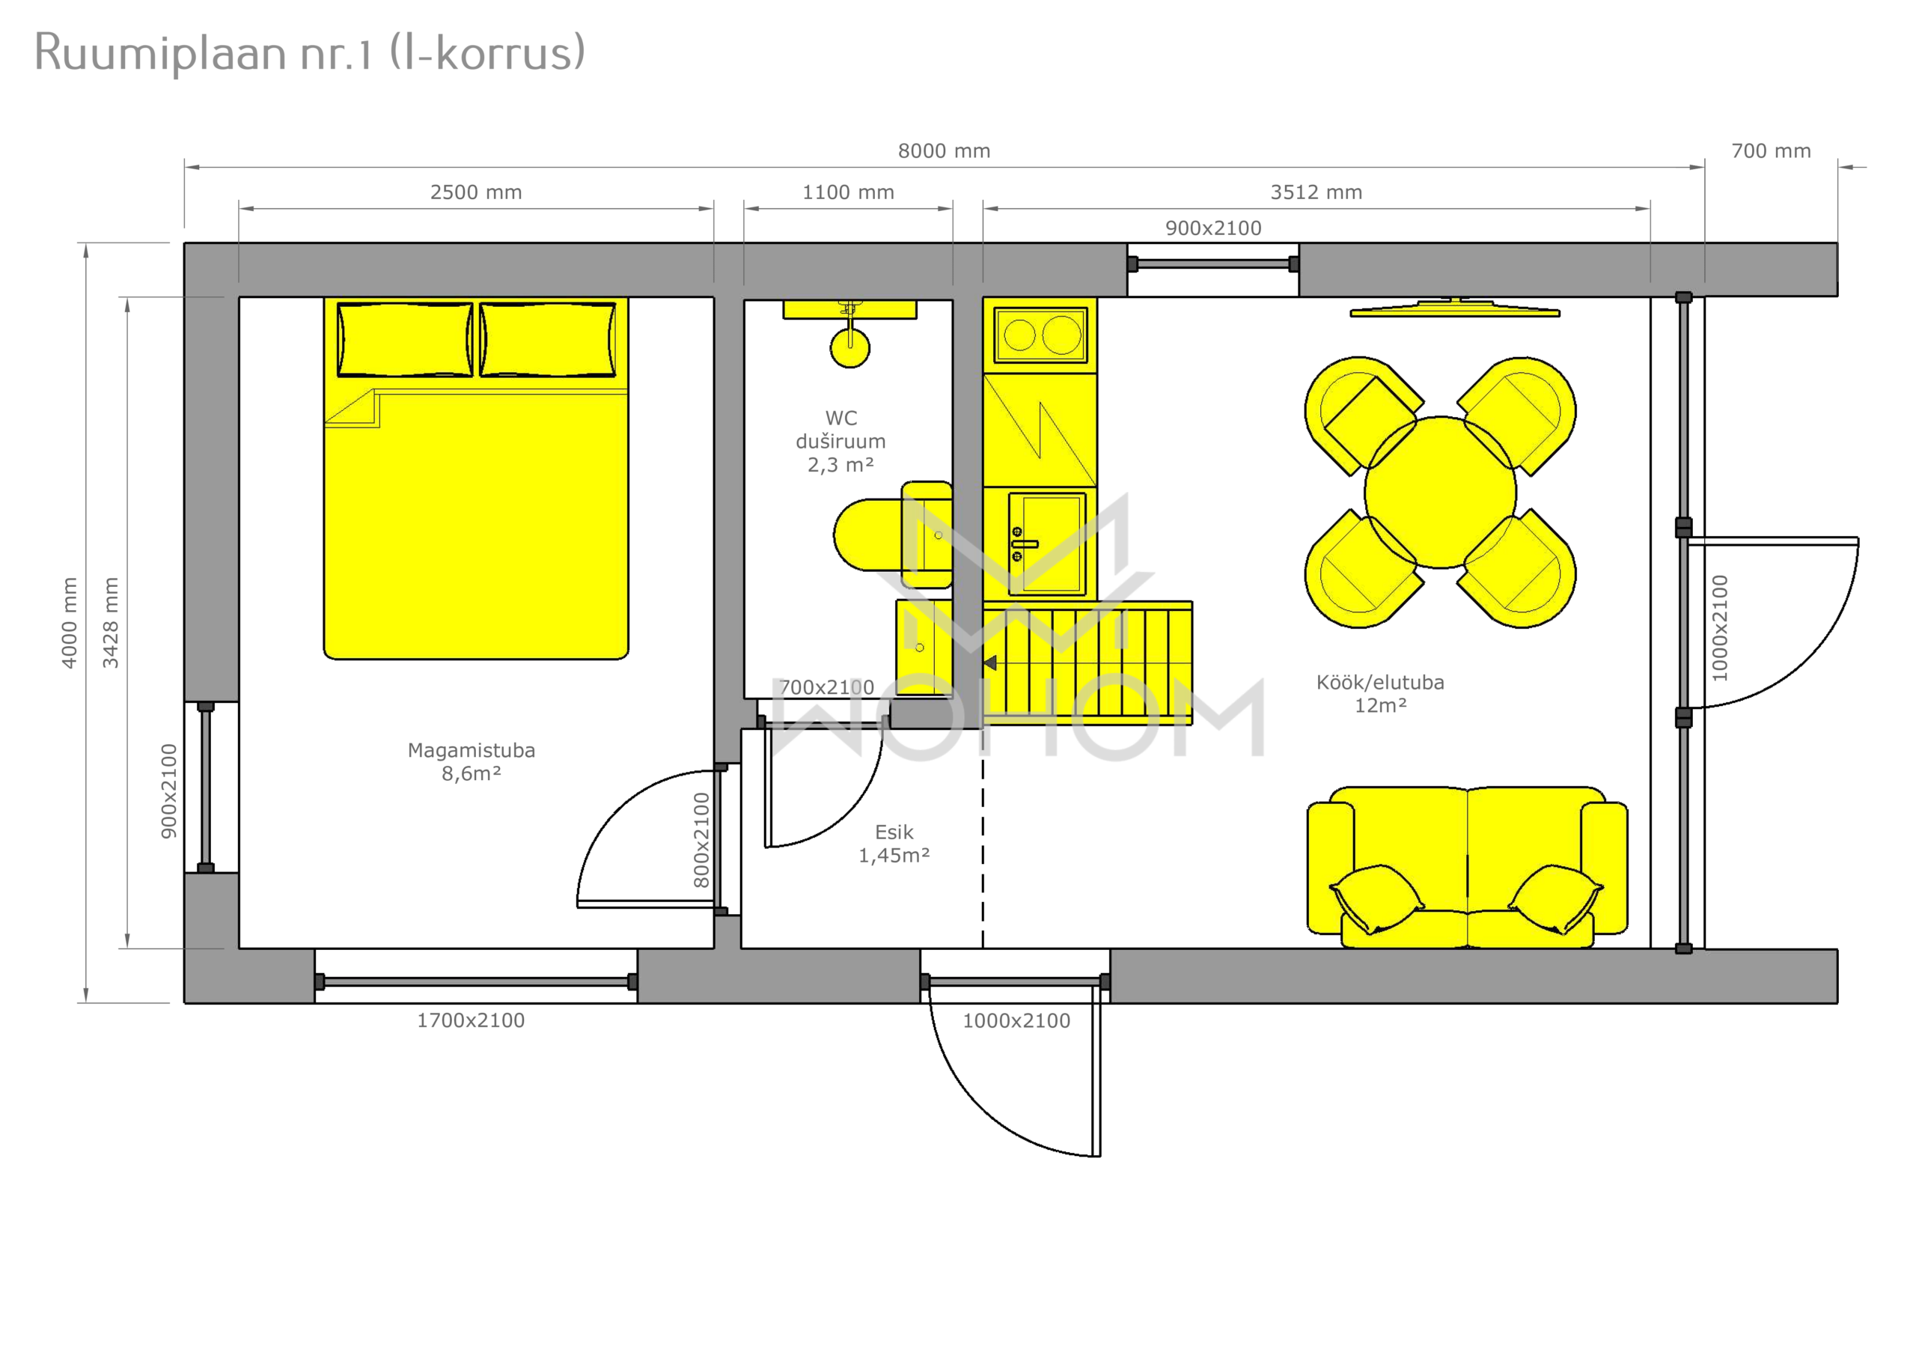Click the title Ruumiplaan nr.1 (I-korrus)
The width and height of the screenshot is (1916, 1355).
click(x=310, y=52)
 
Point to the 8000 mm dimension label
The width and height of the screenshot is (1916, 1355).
click(x=944, y=151)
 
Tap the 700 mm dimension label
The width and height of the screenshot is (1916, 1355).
click(x=1771, y=151)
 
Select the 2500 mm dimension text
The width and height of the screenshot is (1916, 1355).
click(x=476, y=192)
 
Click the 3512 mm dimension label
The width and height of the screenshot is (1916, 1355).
click(x=1316, y=192)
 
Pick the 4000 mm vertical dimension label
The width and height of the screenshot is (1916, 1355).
click(x=70, y=623)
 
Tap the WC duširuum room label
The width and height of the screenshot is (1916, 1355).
click(x=840, y=441)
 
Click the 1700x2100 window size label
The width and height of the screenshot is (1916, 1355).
click(x=471, y=1020)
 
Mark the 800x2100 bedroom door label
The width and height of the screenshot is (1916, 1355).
click(x=701, y=840)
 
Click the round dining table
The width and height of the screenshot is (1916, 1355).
click(x=1440, y=492)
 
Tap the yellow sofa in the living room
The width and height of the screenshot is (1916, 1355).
click(x=1467, y=868)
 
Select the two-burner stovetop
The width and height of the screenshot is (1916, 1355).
click(x=1040, y=335)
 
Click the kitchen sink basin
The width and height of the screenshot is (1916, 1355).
click(x=1047, y=543)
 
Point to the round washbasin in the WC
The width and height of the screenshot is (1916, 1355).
click(x=849, y=347)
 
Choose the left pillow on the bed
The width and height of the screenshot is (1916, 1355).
click(x=405, y=340)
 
